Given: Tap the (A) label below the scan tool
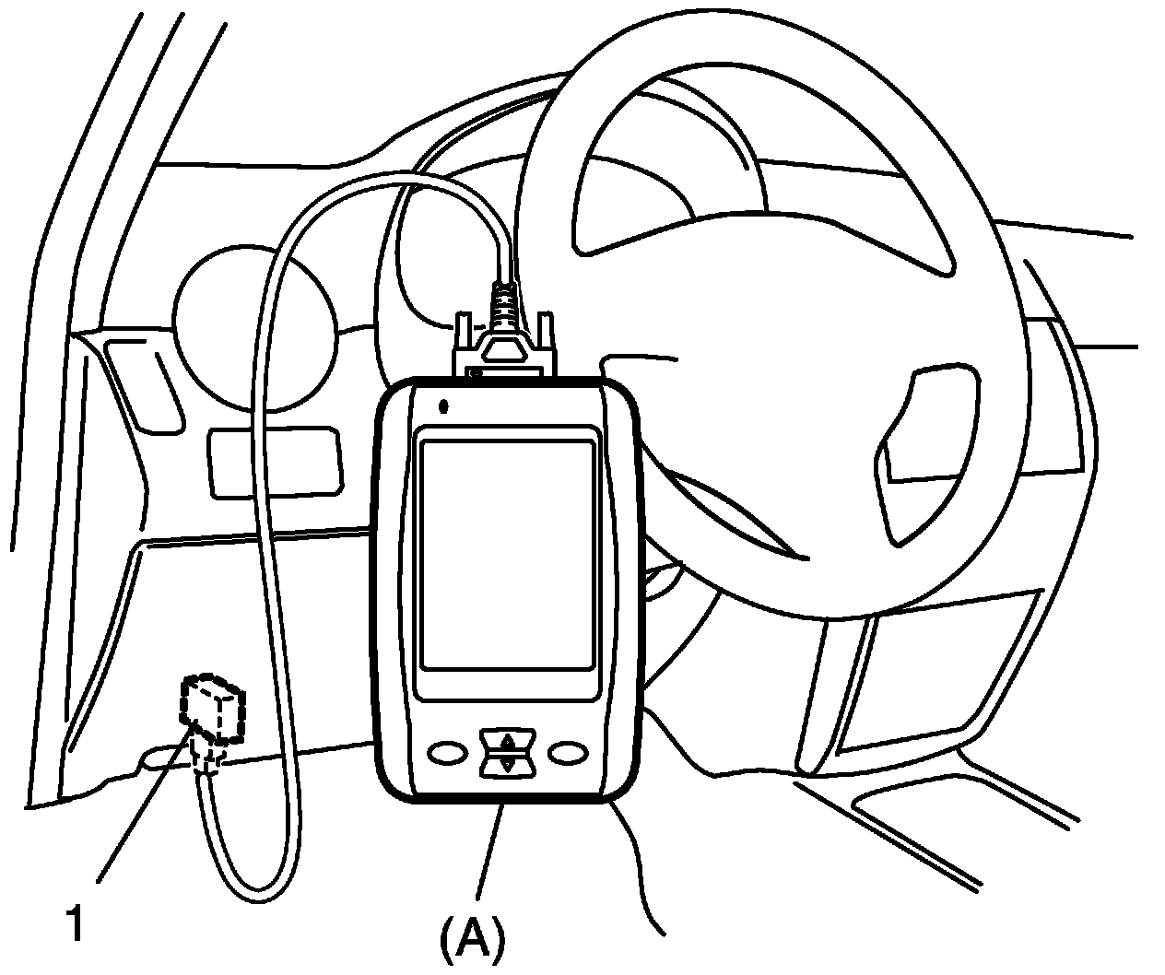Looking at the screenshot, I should [x=472, y=940].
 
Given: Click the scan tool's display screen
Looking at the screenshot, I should [x=505, y=553].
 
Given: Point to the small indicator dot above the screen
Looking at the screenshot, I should [x=444, y=405].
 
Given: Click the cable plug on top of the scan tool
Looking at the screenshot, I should [x=503, y=353].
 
